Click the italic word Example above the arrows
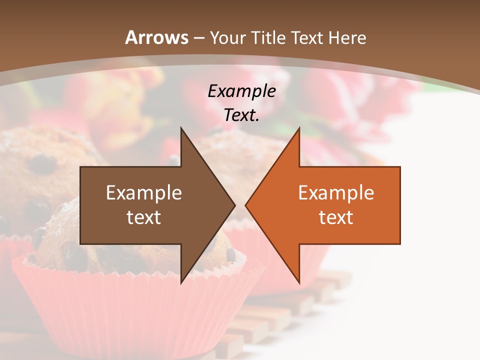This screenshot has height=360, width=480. tap(242, 91)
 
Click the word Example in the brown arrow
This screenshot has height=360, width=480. tap(144, 193)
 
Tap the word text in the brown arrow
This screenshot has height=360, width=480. tap(144, 217)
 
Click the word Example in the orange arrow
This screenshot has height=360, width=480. tap(336, 193)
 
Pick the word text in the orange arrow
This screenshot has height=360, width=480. tap(336, 217)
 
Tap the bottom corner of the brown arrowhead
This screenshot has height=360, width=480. tap(181, 282)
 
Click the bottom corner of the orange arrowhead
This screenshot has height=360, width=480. tap(299, 282)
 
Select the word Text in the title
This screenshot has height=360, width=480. tap(307, 38)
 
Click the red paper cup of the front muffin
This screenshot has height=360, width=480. tap(125, 310)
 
